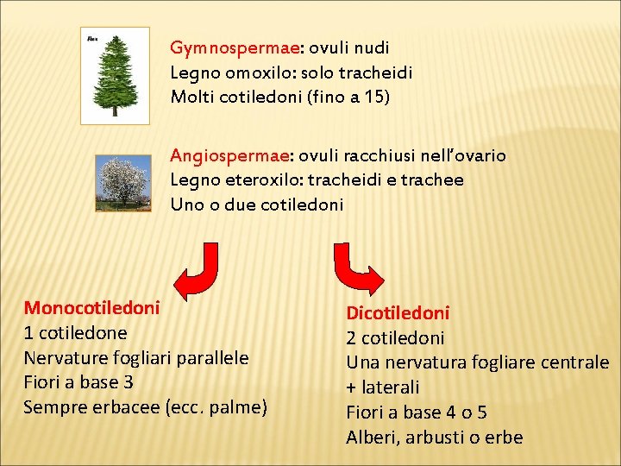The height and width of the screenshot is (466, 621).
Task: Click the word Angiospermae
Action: coord(229,155)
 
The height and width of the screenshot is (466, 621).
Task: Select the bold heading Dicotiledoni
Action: coord(398,312)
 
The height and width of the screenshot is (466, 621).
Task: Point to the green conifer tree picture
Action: coord(114,77)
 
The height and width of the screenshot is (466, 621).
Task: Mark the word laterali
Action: coord(389,387)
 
